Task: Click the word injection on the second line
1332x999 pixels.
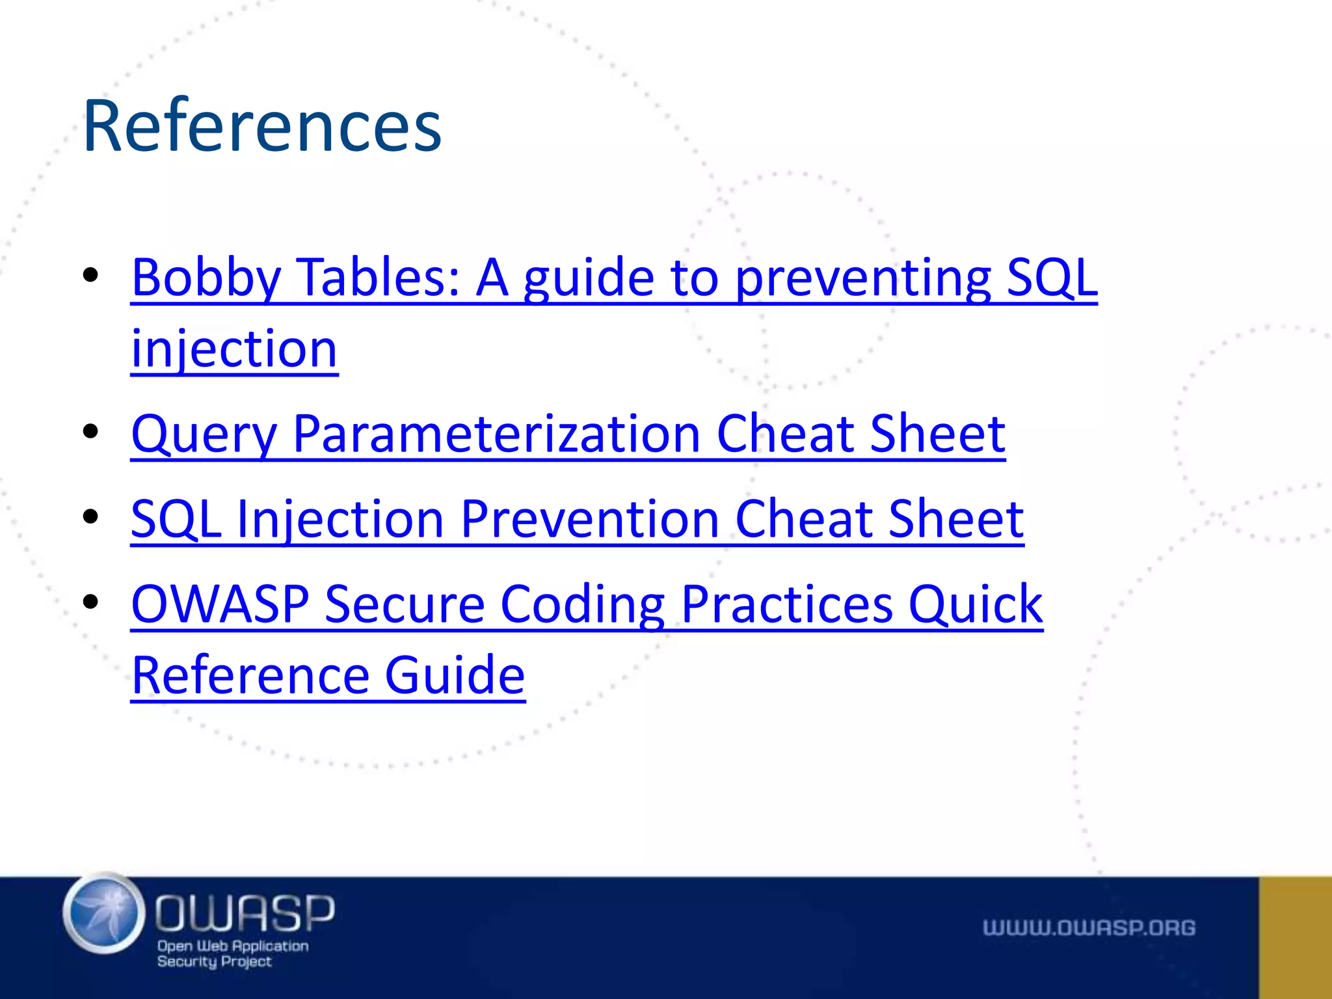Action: [x=234, y=350]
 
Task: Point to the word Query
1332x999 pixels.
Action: [x=204, y=434]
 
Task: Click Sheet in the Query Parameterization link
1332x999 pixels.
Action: [x=937, y=434]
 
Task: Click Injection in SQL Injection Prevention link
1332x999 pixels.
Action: [x=340, y=520]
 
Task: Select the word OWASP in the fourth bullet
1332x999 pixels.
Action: [x=220, y=604]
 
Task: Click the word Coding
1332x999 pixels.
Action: [x=582, y=604]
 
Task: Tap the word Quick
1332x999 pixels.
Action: [x=976, y=604]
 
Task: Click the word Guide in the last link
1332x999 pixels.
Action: [x=455, y=676]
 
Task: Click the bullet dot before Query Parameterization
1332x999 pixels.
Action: [x=90, y=431]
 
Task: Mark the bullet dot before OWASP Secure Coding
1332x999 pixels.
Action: [x=90, y=602]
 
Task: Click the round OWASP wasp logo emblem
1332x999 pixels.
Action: [x=104, y=913]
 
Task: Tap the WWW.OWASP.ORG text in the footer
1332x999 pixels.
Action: [x=1089, y=928]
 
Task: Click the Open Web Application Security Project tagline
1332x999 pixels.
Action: [x=232, y=953]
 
